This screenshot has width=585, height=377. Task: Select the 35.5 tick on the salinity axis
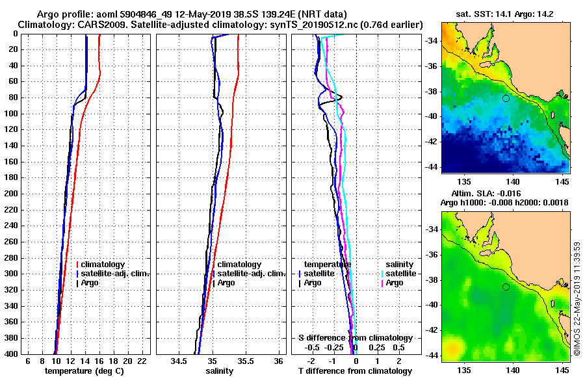(x=246, y=361)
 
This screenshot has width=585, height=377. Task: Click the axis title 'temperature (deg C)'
(x=84, y=370)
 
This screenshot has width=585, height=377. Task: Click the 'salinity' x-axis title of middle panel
(x=219, y=370)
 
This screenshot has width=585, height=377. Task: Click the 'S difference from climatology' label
(x=355, y=338)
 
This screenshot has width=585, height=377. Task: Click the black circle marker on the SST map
(x=506, y=98)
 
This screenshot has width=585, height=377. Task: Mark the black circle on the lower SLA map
(x=506, y=287)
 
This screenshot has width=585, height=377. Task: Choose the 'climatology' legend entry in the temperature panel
(x=104, y=265)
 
